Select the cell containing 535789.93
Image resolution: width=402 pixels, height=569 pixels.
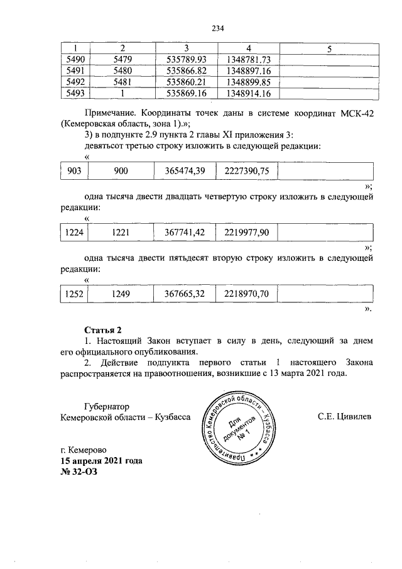pos(187,59)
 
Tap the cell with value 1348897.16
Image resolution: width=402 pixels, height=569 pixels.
pos(246,71)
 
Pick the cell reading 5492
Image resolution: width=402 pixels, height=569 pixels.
pos(75,82)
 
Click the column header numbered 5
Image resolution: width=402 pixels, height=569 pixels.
pos(327,48)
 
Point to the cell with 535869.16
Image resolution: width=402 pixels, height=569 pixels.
pos(187,94)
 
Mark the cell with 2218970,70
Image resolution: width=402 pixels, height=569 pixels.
pos(247,294)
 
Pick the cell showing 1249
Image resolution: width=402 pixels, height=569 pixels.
pos(121,294)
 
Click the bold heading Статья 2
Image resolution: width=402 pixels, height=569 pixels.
pos(102,329)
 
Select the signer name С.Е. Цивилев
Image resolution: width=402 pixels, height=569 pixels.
pos(344,416)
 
